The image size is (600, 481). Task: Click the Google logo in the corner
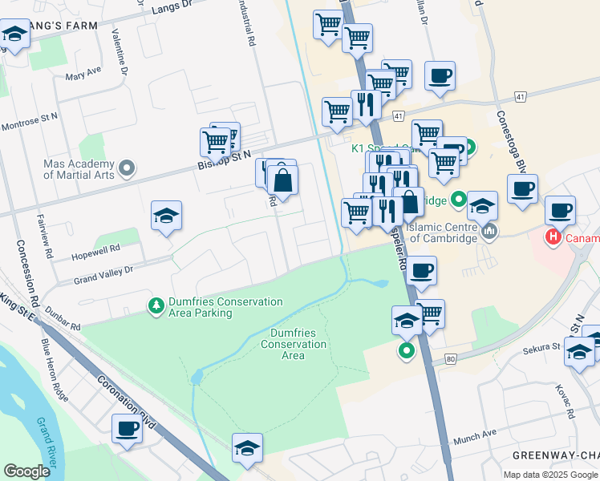point(26,471)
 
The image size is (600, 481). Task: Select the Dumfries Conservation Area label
point(293,344)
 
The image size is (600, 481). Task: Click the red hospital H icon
point(553,237)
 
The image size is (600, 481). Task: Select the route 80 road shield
point(449,360)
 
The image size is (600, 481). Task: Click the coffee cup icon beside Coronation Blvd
point(127,429)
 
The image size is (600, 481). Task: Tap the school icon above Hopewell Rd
point(166,216)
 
